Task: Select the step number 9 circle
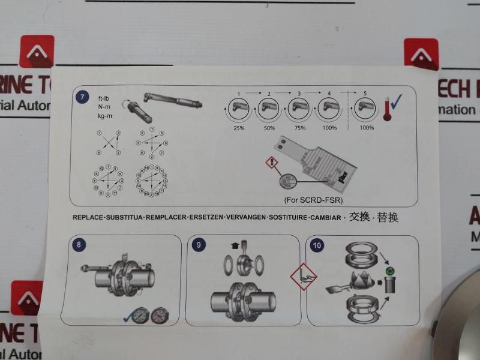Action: tap(200, 244)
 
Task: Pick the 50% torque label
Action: tap(270, 128)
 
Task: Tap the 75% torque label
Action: tap(299, 128)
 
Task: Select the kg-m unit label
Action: tap(105, 115)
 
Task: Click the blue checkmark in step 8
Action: tap(128, 317)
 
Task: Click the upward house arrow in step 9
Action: tap(234, 245)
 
